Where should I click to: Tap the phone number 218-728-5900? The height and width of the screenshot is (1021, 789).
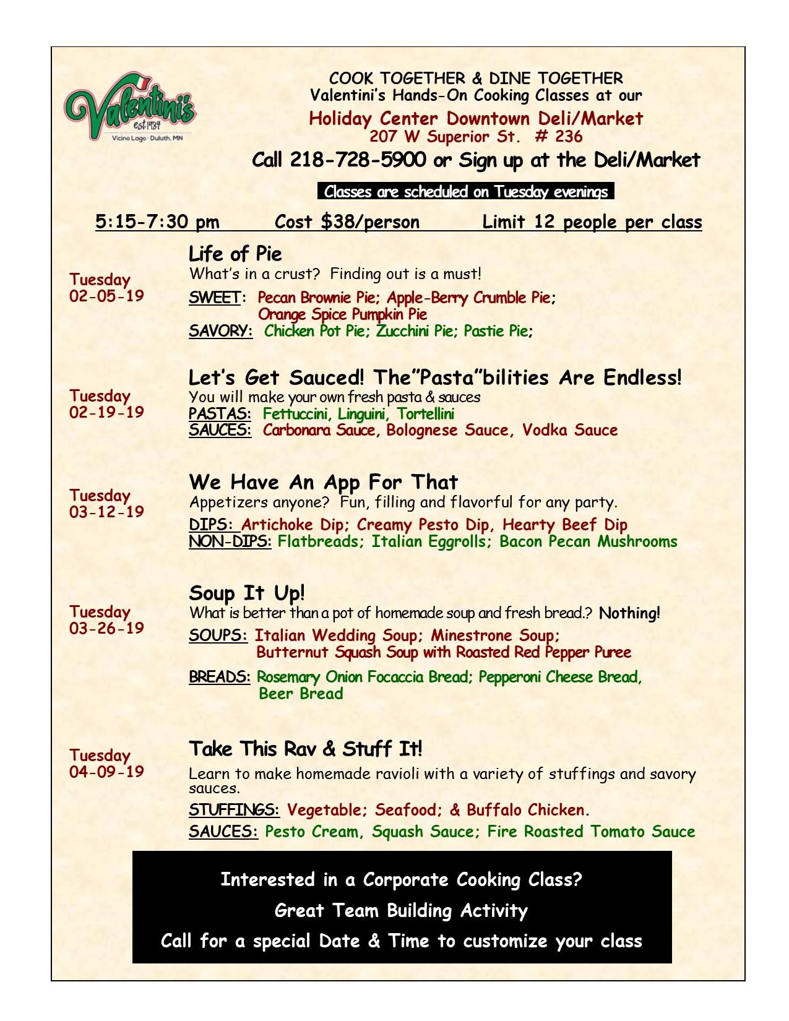point(358,160)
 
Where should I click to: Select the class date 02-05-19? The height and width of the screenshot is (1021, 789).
point(106,296)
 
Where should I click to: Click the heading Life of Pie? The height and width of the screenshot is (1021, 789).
point(235,254)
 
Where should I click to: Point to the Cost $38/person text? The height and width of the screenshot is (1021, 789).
point(347,222)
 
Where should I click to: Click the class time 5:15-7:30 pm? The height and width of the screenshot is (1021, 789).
point(157,222)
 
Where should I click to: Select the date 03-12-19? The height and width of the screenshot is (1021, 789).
point(106,512)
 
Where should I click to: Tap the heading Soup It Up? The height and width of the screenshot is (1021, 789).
point(247,593)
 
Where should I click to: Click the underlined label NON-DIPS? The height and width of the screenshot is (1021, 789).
point(230,542)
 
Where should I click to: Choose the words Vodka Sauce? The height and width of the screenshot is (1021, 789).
point(570,431)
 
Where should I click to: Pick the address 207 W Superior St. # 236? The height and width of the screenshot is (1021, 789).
point(476,136)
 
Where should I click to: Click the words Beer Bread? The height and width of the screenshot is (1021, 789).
point(301,694)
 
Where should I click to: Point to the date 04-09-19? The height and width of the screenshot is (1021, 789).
point(106,772)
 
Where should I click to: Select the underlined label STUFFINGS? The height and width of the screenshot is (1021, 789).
point(234,810)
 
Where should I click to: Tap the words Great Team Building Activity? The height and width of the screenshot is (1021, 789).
point(401,910)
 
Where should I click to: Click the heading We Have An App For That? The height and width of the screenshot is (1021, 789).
point(324,482)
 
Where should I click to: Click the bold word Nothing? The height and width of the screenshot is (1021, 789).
point(629,614)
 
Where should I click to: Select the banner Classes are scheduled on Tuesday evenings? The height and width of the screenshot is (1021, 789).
point(465,192)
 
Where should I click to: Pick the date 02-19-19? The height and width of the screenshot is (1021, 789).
point(106,412)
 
